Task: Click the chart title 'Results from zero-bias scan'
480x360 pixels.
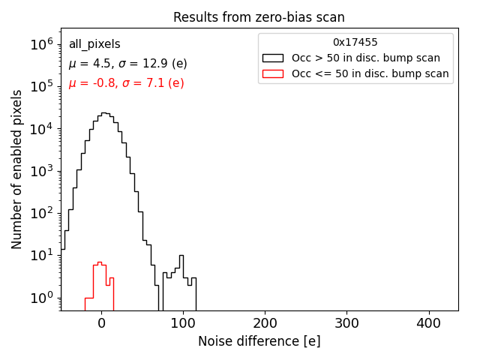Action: pos(259,17)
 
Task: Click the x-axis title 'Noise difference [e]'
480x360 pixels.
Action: pos(259,341)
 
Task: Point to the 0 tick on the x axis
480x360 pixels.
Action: pos(101,323)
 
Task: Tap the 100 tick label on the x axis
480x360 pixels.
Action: pos(183,323)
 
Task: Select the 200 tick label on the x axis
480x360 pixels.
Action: pos(265,323)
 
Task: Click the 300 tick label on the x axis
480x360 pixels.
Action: pos(346,323)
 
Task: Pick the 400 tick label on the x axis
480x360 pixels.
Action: pos(428,323)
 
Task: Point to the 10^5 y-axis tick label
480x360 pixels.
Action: pos(42,87)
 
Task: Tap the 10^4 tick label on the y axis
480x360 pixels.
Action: pos(42,129)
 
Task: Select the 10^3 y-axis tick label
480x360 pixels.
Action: pos(42,171)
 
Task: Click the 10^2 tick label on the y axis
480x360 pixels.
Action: pos(42,214)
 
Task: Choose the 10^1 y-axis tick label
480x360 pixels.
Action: pos(42,256)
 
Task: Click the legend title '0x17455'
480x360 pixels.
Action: pos(355,43)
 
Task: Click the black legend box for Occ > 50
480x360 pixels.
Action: pos(273,58)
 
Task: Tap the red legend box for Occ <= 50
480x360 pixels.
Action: pos(273,73)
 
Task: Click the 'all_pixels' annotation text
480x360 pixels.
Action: pos(94,44)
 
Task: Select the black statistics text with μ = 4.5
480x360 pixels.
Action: pos(127,64)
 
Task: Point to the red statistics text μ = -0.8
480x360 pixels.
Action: pos(126,83)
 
